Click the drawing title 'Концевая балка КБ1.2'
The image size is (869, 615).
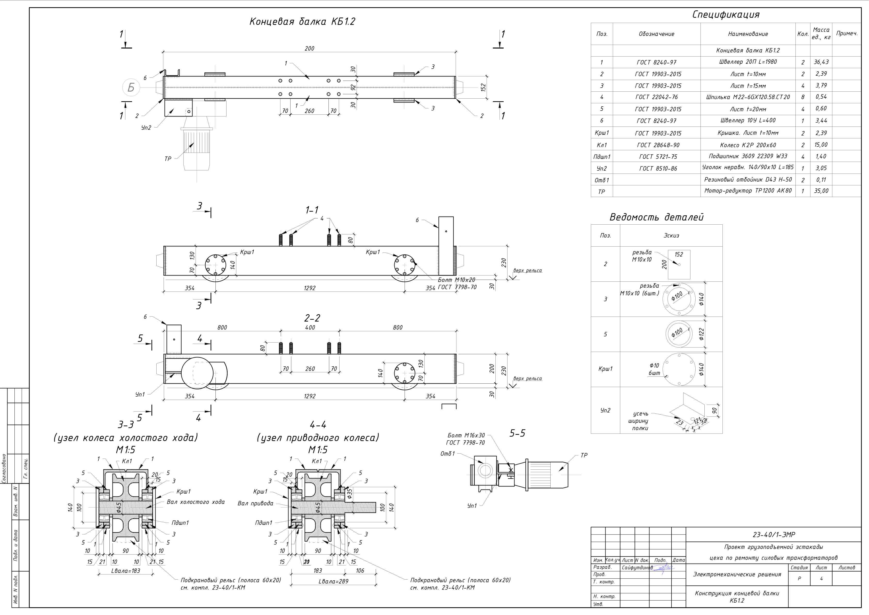pyautogui.click(x=302, y=22)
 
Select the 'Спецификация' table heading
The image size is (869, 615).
pyautogui.click(x=726, y=15)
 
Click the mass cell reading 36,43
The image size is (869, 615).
pyautogui.click(x=821, y=62)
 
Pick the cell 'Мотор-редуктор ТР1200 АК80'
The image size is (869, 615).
pyautogui.click(x=747, y=191)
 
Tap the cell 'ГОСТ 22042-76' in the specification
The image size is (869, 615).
pyautogui.click(x=656, y=97)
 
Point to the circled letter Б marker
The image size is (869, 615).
pyautogui.click(x=131, y=88)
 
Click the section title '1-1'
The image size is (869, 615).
pyautogui.click(x=312, y=210)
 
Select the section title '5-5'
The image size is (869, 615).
pyautogui.click(x=517, y=433)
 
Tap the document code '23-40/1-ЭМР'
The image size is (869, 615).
pyautogui.click(x=773, y=535)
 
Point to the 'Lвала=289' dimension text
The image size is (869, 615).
pyautogui.click(x=333, y=581)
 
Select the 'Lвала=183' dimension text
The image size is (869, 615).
pyautogui.click(x=126, y=571)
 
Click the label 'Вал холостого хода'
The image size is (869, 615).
pyautogui.click(x=195, y=502)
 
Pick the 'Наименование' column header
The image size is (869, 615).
pyautogui.click(x=747, y=34)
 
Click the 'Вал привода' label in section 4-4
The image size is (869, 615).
pyautogui.click(x=255, y=503)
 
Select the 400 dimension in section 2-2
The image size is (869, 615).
pyautogui.click(x=310, y=328)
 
